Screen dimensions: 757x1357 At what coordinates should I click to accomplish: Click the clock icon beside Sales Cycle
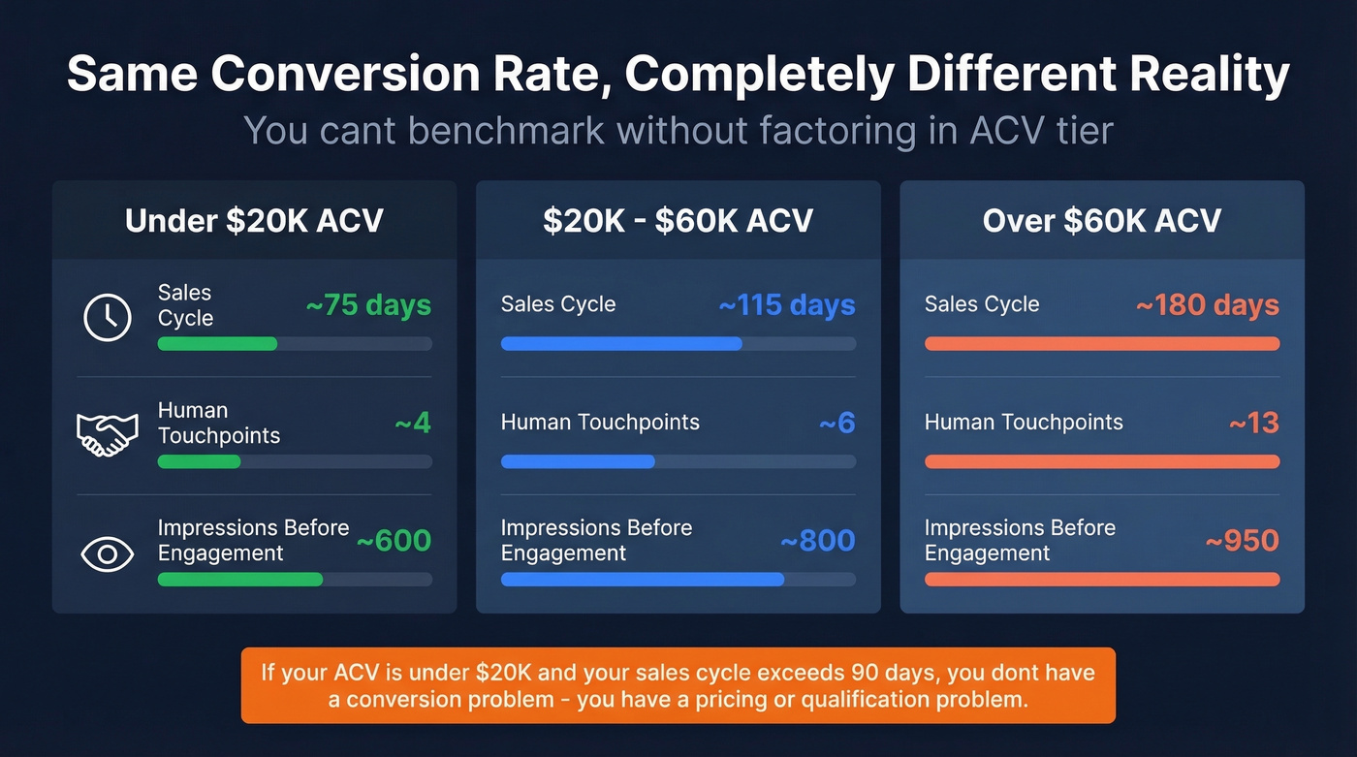click(108, 317)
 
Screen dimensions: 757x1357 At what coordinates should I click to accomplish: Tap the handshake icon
click(107, 435)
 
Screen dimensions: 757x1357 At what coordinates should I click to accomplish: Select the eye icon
click(107, 553)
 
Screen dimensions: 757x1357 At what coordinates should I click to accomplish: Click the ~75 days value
click(368, 305)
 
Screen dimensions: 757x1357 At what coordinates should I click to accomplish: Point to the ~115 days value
click(786, 305)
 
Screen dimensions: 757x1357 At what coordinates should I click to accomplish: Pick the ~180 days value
click(1207, 305)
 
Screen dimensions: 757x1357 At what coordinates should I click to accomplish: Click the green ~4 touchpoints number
click(413, 424)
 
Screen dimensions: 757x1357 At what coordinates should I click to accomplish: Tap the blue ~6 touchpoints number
click(836, 424)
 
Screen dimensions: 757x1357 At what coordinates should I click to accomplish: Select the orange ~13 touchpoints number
click(1253, 424)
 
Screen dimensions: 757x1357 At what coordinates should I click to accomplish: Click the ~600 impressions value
click(394, 541)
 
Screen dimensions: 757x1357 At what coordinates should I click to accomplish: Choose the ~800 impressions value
click(817, 541)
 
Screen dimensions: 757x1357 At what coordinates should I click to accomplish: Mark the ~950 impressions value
click(1242, 541)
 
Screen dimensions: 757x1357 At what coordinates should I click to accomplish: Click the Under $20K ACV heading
click(254, 220)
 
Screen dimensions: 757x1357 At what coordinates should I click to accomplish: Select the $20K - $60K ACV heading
click(678, 220)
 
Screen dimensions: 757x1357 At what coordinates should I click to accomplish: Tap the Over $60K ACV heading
click(1101, 220)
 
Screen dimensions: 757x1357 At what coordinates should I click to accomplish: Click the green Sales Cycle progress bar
click(218, 344)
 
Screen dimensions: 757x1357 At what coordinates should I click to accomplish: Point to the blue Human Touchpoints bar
click(578, 462)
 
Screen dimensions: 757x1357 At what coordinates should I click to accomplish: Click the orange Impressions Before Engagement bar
click(1102, 580)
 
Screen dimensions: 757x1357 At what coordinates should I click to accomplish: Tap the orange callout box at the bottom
click(678, 685)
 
